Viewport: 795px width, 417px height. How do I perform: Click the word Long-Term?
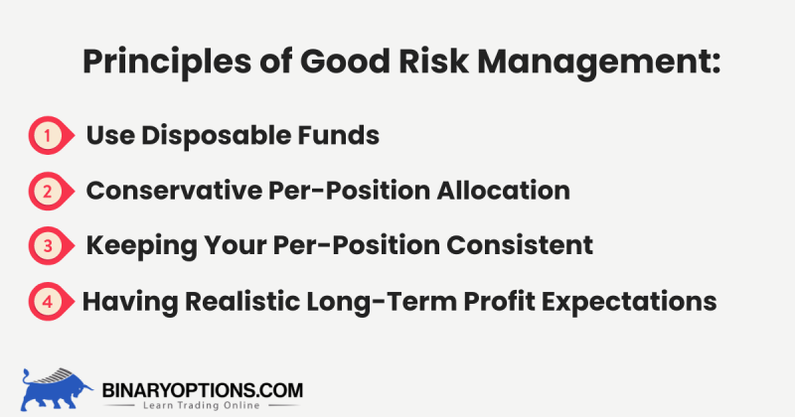pyautogui.click(x=407, y=301)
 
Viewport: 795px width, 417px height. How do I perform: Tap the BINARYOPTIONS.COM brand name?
pyautogui.click(x=202, y=390)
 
